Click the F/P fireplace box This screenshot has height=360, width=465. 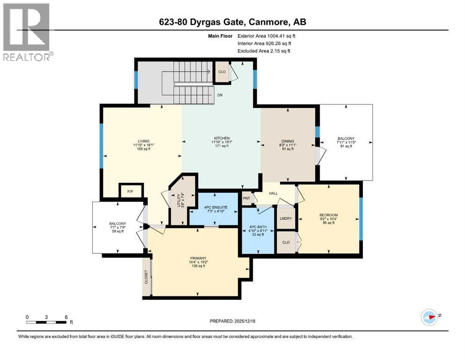click(x=131, y=191)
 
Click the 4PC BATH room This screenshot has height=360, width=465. click(x=256, y=231)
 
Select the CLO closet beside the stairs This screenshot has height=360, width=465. click(x=221, y=72)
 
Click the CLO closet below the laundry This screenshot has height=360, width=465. click(x=286, y=242)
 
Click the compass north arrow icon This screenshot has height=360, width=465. click(x=429, y=317)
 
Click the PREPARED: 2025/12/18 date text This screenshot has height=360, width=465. click(x=232, y=321)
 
